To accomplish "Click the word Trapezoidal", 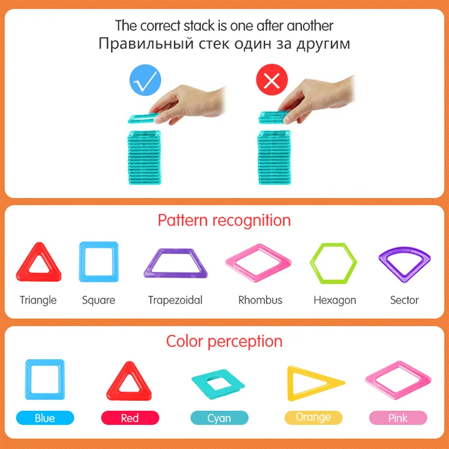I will click(x=175, y=300).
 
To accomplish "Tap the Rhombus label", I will click(x=260, y=300).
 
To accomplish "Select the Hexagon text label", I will click(x=335, y=300).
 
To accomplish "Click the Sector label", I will click(x=404, y=300).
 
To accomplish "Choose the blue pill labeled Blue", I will click(x=44, y=418).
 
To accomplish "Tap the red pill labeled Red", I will click(x=130, y=418).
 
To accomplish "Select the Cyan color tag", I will click(x=219, y=418).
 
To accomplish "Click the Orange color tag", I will click(x=313, y=418).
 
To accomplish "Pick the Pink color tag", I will click(x=397, y=418).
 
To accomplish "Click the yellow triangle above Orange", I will click(x=310, y=383).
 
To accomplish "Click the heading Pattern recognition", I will click(x=224, y=220).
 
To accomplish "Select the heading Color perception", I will click(x=224, y=341).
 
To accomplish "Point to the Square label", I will click(x=98, y=300).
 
